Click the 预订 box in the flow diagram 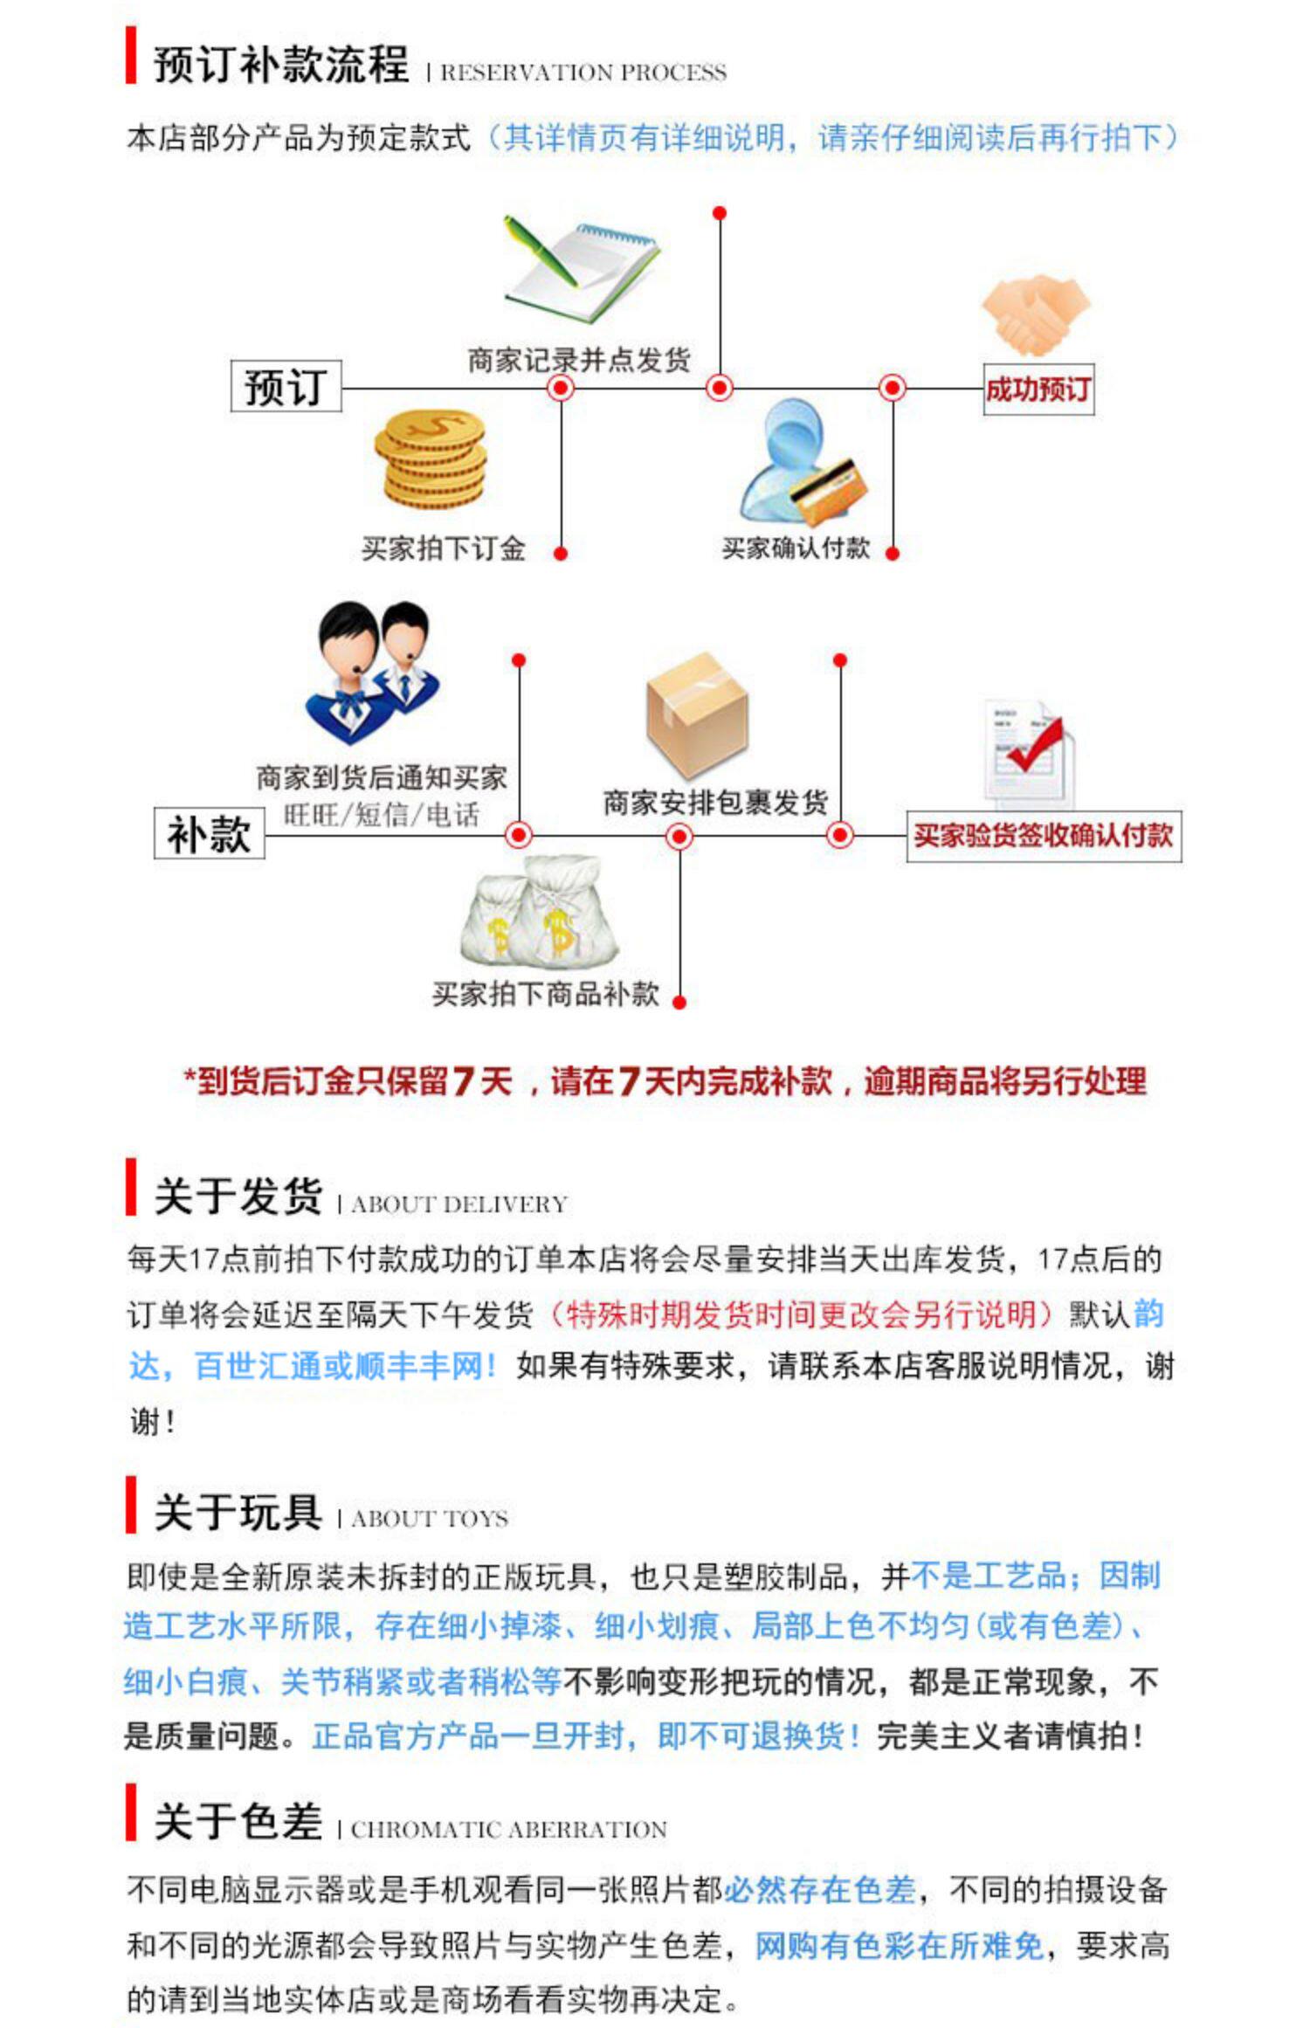click(286, 386)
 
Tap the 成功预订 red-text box click(1038, 390)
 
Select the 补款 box click(209, 833)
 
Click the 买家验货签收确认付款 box click(1043, 836)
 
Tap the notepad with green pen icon click(580, 270)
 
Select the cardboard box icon click(697, 714)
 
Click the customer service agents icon click(374, 672)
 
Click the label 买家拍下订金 click(443, 548)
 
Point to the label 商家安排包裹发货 click(714, 802)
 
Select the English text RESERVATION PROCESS click(583, 72)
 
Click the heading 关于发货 click(238, 1196)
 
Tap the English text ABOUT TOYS click(429, 1519)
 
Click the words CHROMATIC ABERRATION click(508, 1830)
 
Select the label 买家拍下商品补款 click(545, 994)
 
